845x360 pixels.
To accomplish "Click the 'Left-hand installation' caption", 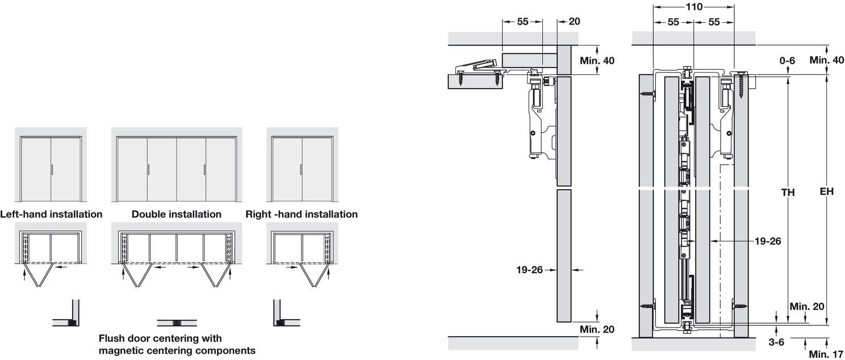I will point(51,214).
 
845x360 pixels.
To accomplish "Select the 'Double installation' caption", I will point(176,214).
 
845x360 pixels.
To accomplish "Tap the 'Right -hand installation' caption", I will point(302,214).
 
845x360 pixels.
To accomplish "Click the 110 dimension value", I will point(693,7).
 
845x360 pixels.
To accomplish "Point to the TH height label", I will point(787,192).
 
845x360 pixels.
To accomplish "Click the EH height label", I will point(826,192).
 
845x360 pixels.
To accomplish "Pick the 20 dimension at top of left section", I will point(574,22).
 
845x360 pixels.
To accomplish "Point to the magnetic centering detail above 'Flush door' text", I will point(176,323).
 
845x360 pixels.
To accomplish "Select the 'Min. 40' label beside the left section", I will point(597,60).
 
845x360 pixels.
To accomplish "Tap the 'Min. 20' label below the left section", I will point(597,329).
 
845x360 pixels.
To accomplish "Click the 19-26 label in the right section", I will point(768,241).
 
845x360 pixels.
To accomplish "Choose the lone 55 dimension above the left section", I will point(522,22).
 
